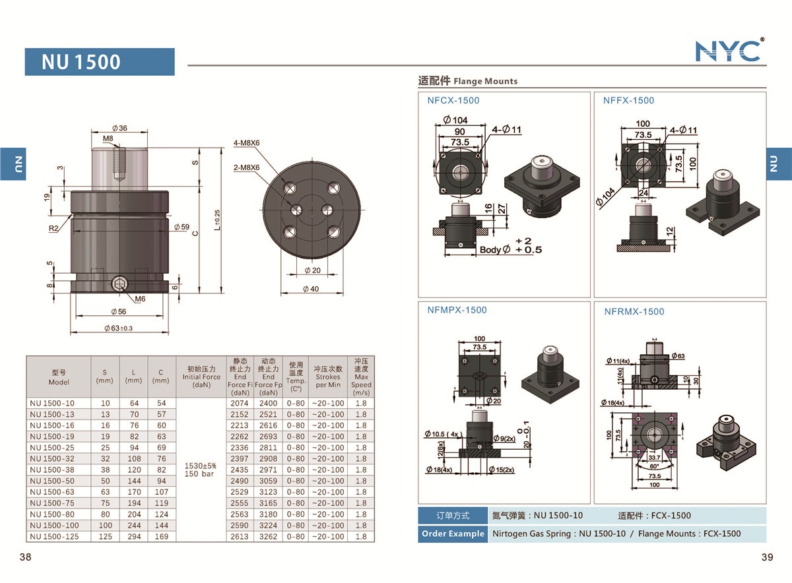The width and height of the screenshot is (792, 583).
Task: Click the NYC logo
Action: [x=729, y=50]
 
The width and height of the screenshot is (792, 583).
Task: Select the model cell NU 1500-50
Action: [x=52, y=481]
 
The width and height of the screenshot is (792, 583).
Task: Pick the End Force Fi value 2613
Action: [x=240, y=536]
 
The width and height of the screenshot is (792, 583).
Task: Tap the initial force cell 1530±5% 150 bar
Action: [x=200, y=470]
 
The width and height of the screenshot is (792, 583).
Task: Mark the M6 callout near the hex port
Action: [x=140, y=299]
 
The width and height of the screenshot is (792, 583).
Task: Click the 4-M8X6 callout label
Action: [x=247, y=142]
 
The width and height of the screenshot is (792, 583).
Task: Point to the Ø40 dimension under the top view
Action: [x=310, y=289]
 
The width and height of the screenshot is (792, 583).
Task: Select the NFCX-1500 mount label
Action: [x=453, y=101]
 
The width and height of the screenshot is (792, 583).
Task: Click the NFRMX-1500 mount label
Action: [x=634, y=311]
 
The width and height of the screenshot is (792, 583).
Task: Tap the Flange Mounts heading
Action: [x=468, y=81]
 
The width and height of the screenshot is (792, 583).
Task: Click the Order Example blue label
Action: [x=452, y=534]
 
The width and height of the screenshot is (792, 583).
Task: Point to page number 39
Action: [x=767, y=557]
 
